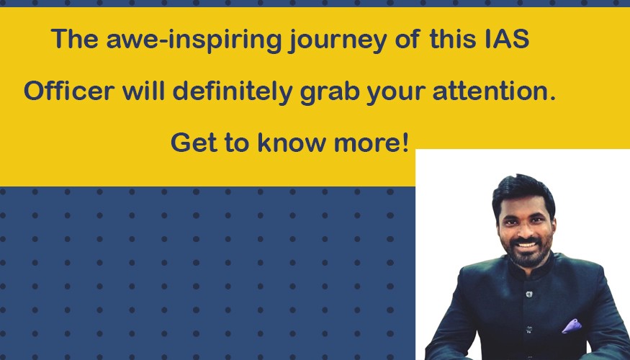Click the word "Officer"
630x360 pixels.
point(69,91)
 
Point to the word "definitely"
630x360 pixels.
point(233,92)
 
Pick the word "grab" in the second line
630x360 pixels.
point(330,92)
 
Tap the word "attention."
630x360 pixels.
point(494,91)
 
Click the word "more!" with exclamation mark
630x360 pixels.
point(372,143)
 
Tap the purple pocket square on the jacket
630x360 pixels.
point(572,326)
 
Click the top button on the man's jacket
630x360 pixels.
point(529,294)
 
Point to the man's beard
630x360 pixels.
point(527,253)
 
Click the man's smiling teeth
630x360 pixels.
point(526,244)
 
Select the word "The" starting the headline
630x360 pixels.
point(75,39)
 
